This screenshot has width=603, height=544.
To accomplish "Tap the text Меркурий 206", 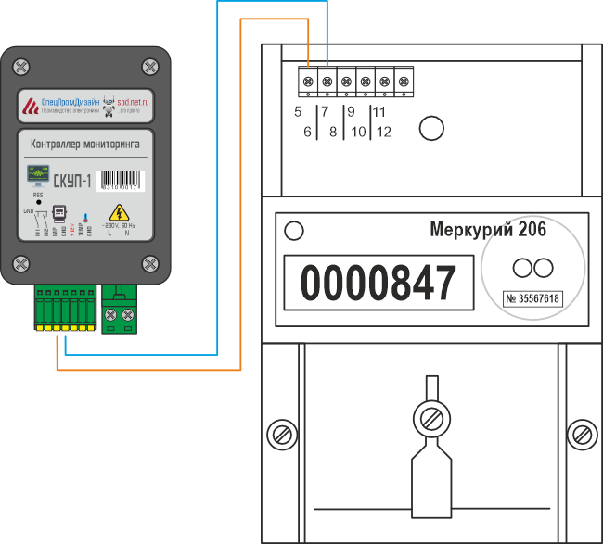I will (x=487, y=229).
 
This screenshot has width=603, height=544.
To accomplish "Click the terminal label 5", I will (x=297, y=112).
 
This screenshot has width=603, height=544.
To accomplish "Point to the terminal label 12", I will (x=383, y=132).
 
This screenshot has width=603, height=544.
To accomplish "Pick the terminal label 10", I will (x=357, y=132).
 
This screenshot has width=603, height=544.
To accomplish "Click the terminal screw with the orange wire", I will (x=308, y=82).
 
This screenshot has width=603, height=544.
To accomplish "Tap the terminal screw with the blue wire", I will (x=327, y=82).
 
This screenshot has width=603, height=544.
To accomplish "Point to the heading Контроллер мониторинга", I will (x=85, y=145).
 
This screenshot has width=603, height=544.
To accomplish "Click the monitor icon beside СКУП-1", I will (x=37, y=176).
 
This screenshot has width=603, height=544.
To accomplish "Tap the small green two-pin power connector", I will (x=122, y=308).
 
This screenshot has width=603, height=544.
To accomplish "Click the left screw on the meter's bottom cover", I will (x=276, y=433).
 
